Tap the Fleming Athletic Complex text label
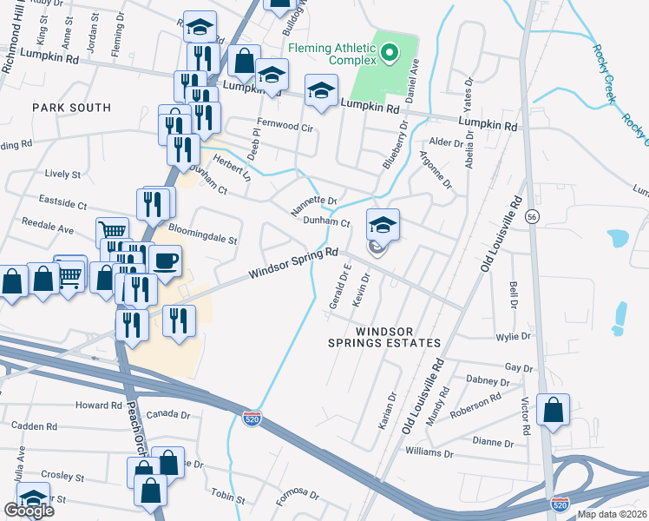point(332,54)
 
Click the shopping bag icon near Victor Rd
point(553,410)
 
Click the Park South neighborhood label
point(72,108)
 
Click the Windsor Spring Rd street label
point(293,263)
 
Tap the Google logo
point(29,511)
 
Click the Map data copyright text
point(612,514)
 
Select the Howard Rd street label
point(98,406)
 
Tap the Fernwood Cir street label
point(284,126)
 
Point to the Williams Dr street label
point(429,453)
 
